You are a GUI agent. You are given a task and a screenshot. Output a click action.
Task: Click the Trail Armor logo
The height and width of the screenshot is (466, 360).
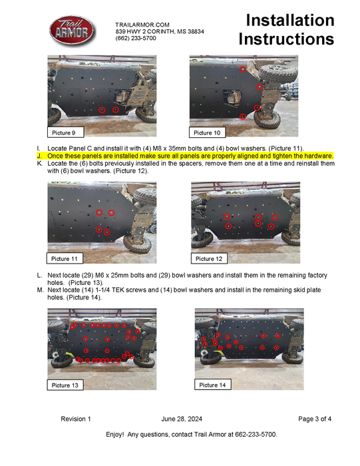point(72,31)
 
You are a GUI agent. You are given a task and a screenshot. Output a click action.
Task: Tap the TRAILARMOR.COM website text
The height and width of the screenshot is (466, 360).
point(142,25)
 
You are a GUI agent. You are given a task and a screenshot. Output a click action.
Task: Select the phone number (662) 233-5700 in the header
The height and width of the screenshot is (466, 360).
point(136,38)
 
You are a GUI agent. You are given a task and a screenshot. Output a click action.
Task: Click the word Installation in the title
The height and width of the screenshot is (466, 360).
point(290,21)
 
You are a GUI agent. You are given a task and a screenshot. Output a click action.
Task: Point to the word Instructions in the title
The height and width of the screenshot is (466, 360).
point(286,39)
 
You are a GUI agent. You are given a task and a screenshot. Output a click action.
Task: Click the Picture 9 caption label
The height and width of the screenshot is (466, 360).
point(66,132)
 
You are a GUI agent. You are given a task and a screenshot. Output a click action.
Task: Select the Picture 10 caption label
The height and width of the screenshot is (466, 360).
point(207,132)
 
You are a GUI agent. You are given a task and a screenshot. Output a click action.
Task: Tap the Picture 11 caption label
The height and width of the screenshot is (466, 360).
point(65,258)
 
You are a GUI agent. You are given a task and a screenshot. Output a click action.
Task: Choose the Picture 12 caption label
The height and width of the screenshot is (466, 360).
point(209,258)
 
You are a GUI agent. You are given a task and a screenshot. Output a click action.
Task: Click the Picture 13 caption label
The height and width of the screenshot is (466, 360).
point(65,385)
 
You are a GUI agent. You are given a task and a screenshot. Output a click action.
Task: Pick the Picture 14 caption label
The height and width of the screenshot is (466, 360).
point(213,385)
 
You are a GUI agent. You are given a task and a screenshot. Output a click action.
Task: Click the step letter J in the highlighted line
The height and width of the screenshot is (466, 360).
point(39,156)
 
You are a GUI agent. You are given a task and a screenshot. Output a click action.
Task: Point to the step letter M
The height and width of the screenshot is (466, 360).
point(40,290)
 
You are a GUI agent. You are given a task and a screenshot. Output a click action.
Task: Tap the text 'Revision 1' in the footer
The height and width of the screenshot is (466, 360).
point(76,419)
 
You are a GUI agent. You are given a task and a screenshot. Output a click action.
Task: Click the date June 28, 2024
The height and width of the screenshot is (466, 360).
point(182,419)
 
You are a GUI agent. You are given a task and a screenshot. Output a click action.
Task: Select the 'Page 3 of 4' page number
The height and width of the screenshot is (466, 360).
point(315,419)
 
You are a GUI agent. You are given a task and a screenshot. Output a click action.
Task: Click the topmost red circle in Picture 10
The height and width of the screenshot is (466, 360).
point(243,69)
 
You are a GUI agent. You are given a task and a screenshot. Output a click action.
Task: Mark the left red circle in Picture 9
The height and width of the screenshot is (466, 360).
point(102,110)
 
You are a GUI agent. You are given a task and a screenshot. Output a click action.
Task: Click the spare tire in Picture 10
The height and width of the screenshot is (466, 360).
point(278,73)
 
